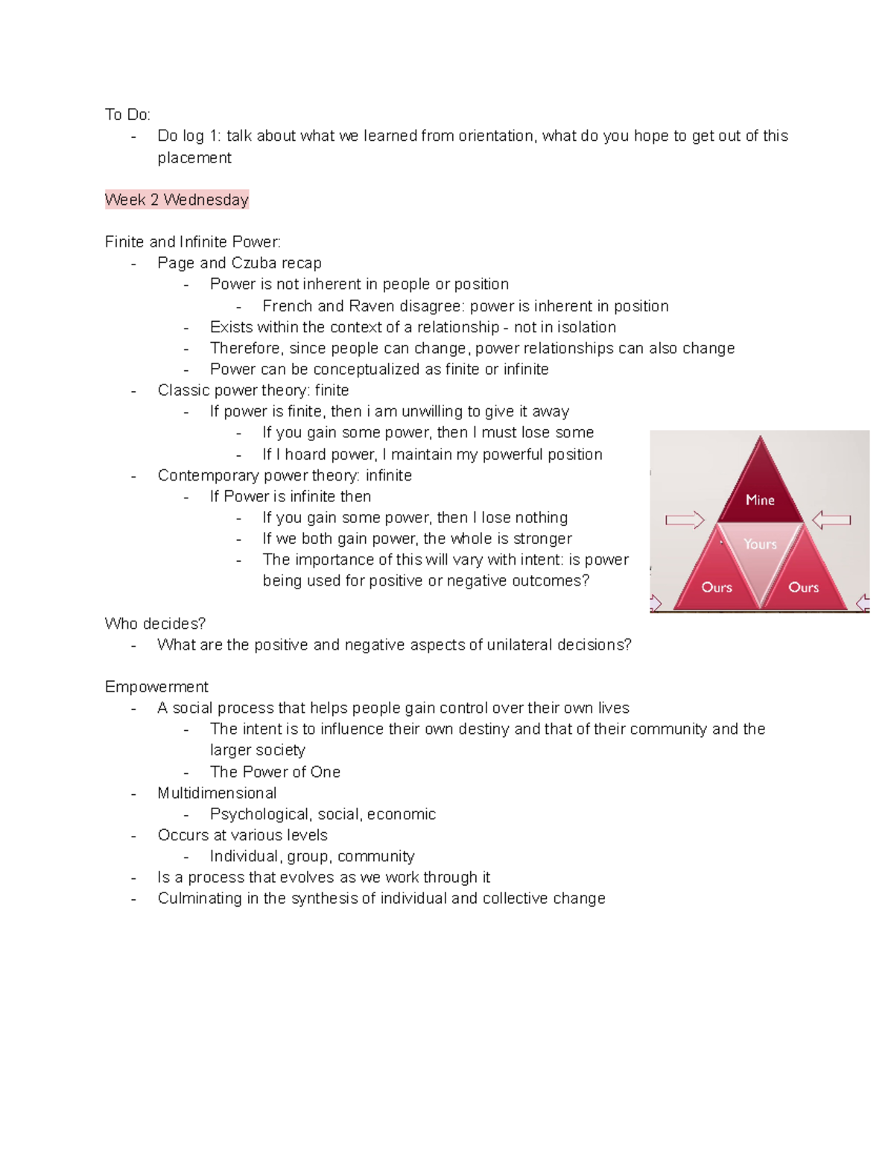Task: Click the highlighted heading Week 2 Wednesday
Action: click(177, 200)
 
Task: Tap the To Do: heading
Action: click(127, 115)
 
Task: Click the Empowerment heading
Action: click(156, 687)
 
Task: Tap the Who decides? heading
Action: click(155, 624)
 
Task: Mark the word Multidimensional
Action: click(217, 793)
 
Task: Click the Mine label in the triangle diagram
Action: click(760, 500)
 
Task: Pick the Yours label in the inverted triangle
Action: click(760, 544)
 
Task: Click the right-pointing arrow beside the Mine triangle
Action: click(685, 520)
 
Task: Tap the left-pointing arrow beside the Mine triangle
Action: click(831, 520)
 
